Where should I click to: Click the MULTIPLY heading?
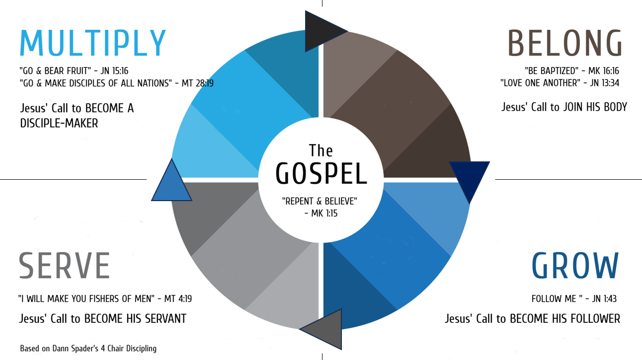point(93,44)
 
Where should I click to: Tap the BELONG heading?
point(564,44)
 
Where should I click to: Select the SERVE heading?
point(64,266)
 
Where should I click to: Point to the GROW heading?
point(575,266)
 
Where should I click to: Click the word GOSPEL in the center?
point(321,173)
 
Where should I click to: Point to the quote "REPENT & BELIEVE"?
point(320,202)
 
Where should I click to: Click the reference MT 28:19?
point(198,83)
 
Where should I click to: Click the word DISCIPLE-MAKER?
point(59,123)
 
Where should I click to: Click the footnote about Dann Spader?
point(88,349)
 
